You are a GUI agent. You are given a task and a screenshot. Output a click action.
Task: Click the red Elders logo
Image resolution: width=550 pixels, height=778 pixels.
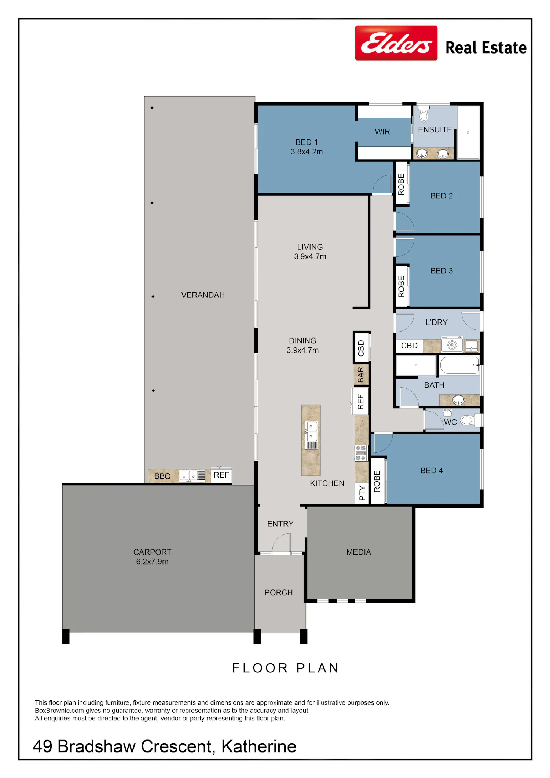[x=396, y=43]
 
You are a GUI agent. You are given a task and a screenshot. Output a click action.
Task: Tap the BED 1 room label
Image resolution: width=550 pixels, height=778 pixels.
[x=307, y=142]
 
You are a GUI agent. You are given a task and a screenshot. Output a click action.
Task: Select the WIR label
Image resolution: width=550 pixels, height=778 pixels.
[x=382, y=132]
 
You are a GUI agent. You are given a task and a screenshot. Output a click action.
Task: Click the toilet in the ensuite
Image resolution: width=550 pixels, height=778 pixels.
[x=424, y=114]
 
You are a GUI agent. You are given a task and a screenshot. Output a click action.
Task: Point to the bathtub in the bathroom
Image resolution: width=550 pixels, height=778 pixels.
[x=460, y=365]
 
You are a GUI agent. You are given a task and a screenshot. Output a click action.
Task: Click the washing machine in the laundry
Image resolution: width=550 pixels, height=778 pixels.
[x=452, y=345]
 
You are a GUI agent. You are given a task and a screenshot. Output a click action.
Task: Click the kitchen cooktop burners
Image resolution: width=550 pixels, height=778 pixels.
[x=361, y=453]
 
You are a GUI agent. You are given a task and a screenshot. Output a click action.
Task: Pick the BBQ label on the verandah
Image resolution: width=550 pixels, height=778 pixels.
[x=162, y=476]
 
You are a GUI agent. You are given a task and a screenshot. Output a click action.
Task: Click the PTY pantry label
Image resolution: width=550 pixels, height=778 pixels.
[x=362, y=493]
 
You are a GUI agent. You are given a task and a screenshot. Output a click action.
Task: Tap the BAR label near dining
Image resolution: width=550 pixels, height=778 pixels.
[x=361, y=375]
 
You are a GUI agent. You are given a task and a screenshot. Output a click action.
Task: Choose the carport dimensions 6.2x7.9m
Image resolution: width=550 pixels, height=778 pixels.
[x=152, y=562]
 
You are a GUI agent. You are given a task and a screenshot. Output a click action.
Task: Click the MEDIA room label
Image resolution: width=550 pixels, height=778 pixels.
[x=359, y=552]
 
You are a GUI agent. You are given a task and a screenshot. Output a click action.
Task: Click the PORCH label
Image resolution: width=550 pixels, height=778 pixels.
[x=279, y=592]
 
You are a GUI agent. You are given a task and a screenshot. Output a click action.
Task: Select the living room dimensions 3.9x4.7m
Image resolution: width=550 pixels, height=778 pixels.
[x=310, y=256]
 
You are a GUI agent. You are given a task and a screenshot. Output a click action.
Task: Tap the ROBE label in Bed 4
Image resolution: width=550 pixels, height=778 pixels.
[x=377, y=481]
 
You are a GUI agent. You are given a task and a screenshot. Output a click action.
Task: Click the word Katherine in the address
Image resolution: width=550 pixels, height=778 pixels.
[x=259, y=746]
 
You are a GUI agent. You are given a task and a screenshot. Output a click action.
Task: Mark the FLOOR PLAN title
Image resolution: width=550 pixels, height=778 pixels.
[x=286, y=668]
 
